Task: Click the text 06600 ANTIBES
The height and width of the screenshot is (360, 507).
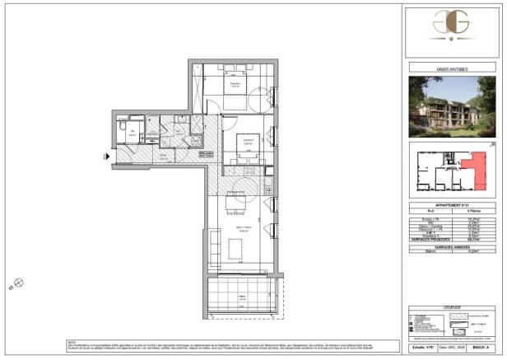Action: (x=454, y=68)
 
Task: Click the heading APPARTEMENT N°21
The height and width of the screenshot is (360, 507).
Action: (x=454, y=204)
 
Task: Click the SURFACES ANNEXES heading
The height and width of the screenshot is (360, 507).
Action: (x=454, y=245)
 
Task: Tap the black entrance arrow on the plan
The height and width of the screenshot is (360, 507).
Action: (x=106, y=156)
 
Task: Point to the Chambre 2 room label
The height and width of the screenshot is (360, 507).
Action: (x=246, y=141)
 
